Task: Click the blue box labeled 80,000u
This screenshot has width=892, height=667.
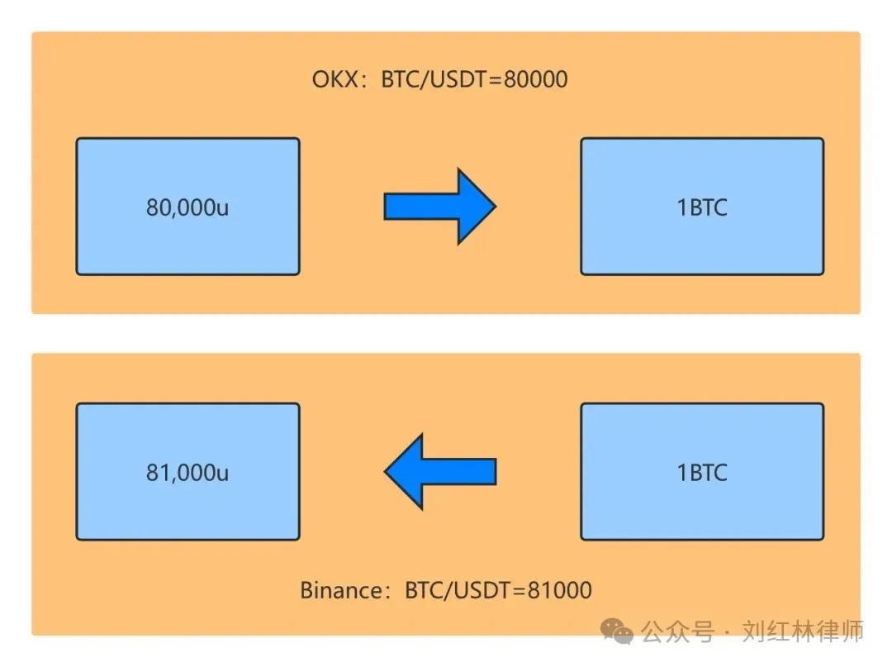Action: (x=187, y=207)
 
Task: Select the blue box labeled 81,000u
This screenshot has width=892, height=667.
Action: (x=187, y=472)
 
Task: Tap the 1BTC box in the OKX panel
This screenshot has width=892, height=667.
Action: (x=702, y=207)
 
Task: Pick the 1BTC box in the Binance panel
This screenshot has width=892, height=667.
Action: (x=702, y=472)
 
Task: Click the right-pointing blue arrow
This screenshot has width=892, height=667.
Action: (x=439, y=207)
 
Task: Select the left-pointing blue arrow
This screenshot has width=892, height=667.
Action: (x=439, y=472)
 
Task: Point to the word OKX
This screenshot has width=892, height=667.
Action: (x=334, y=80)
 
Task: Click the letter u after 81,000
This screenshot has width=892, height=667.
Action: (x=221, y=474)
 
